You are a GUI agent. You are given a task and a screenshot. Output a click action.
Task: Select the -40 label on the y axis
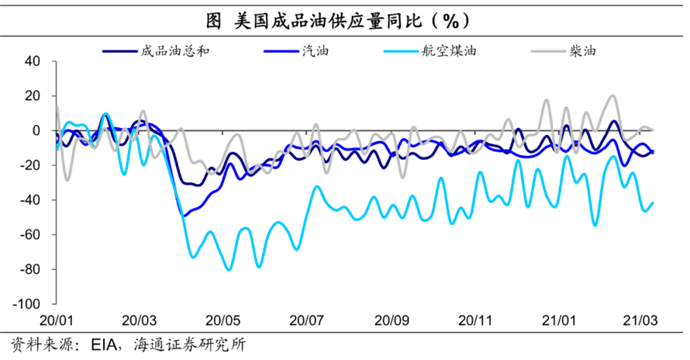(x=36, y=200)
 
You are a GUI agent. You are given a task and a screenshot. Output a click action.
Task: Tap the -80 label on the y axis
(x=36, y=269)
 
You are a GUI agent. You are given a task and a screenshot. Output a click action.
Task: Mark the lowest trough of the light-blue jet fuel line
(x=228, y=270)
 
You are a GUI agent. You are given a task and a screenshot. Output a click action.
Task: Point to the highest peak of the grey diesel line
(x=612, y=95)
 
